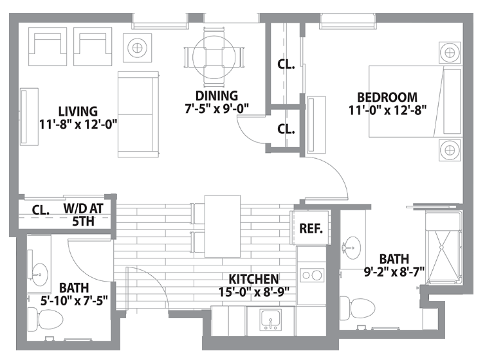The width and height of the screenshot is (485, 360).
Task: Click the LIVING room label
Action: (78, 111)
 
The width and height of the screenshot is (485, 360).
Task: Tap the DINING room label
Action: (217, 96)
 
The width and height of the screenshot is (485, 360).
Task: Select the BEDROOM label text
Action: (387, 97)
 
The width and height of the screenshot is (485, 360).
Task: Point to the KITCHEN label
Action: (253, 279)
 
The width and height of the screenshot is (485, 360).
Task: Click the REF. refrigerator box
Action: (311, 228)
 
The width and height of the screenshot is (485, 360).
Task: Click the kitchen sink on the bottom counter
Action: (271, 320)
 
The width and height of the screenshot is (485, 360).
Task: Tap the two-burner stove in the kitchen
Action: (312, 275)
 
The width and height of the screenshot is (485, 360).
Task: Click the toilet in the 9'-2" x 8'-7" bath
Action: (357, 308)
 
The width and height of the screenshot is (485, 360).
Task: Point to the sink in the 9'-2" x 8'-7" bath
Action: (352, 248)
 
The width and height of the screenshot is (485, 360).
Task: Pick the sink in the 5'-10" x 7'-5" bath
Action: (39, 274)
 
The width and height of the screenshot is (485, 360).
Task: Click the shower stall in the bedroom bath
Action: (444, 248)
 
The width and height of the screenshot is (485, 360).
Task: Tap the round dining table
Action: (214, 57)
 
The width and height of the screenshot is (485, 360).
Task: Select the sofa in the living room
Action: (138, 114)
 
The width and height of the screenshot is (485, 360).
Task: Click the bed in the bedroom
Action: (416, 102)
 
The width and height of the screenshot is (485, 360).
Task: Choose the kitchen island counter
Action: (223, 226)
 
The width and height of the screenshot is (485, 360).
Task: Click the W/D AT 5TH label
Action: (83, 215)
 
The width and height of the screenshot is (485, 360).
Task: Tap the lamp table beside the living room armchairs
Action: (138, 48)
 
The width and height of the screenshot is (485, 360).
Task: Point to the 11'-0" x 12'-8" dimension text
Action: (388, 111)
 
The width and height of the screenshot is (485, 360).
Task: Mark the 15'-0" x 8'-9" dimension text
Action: (254, 292)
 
